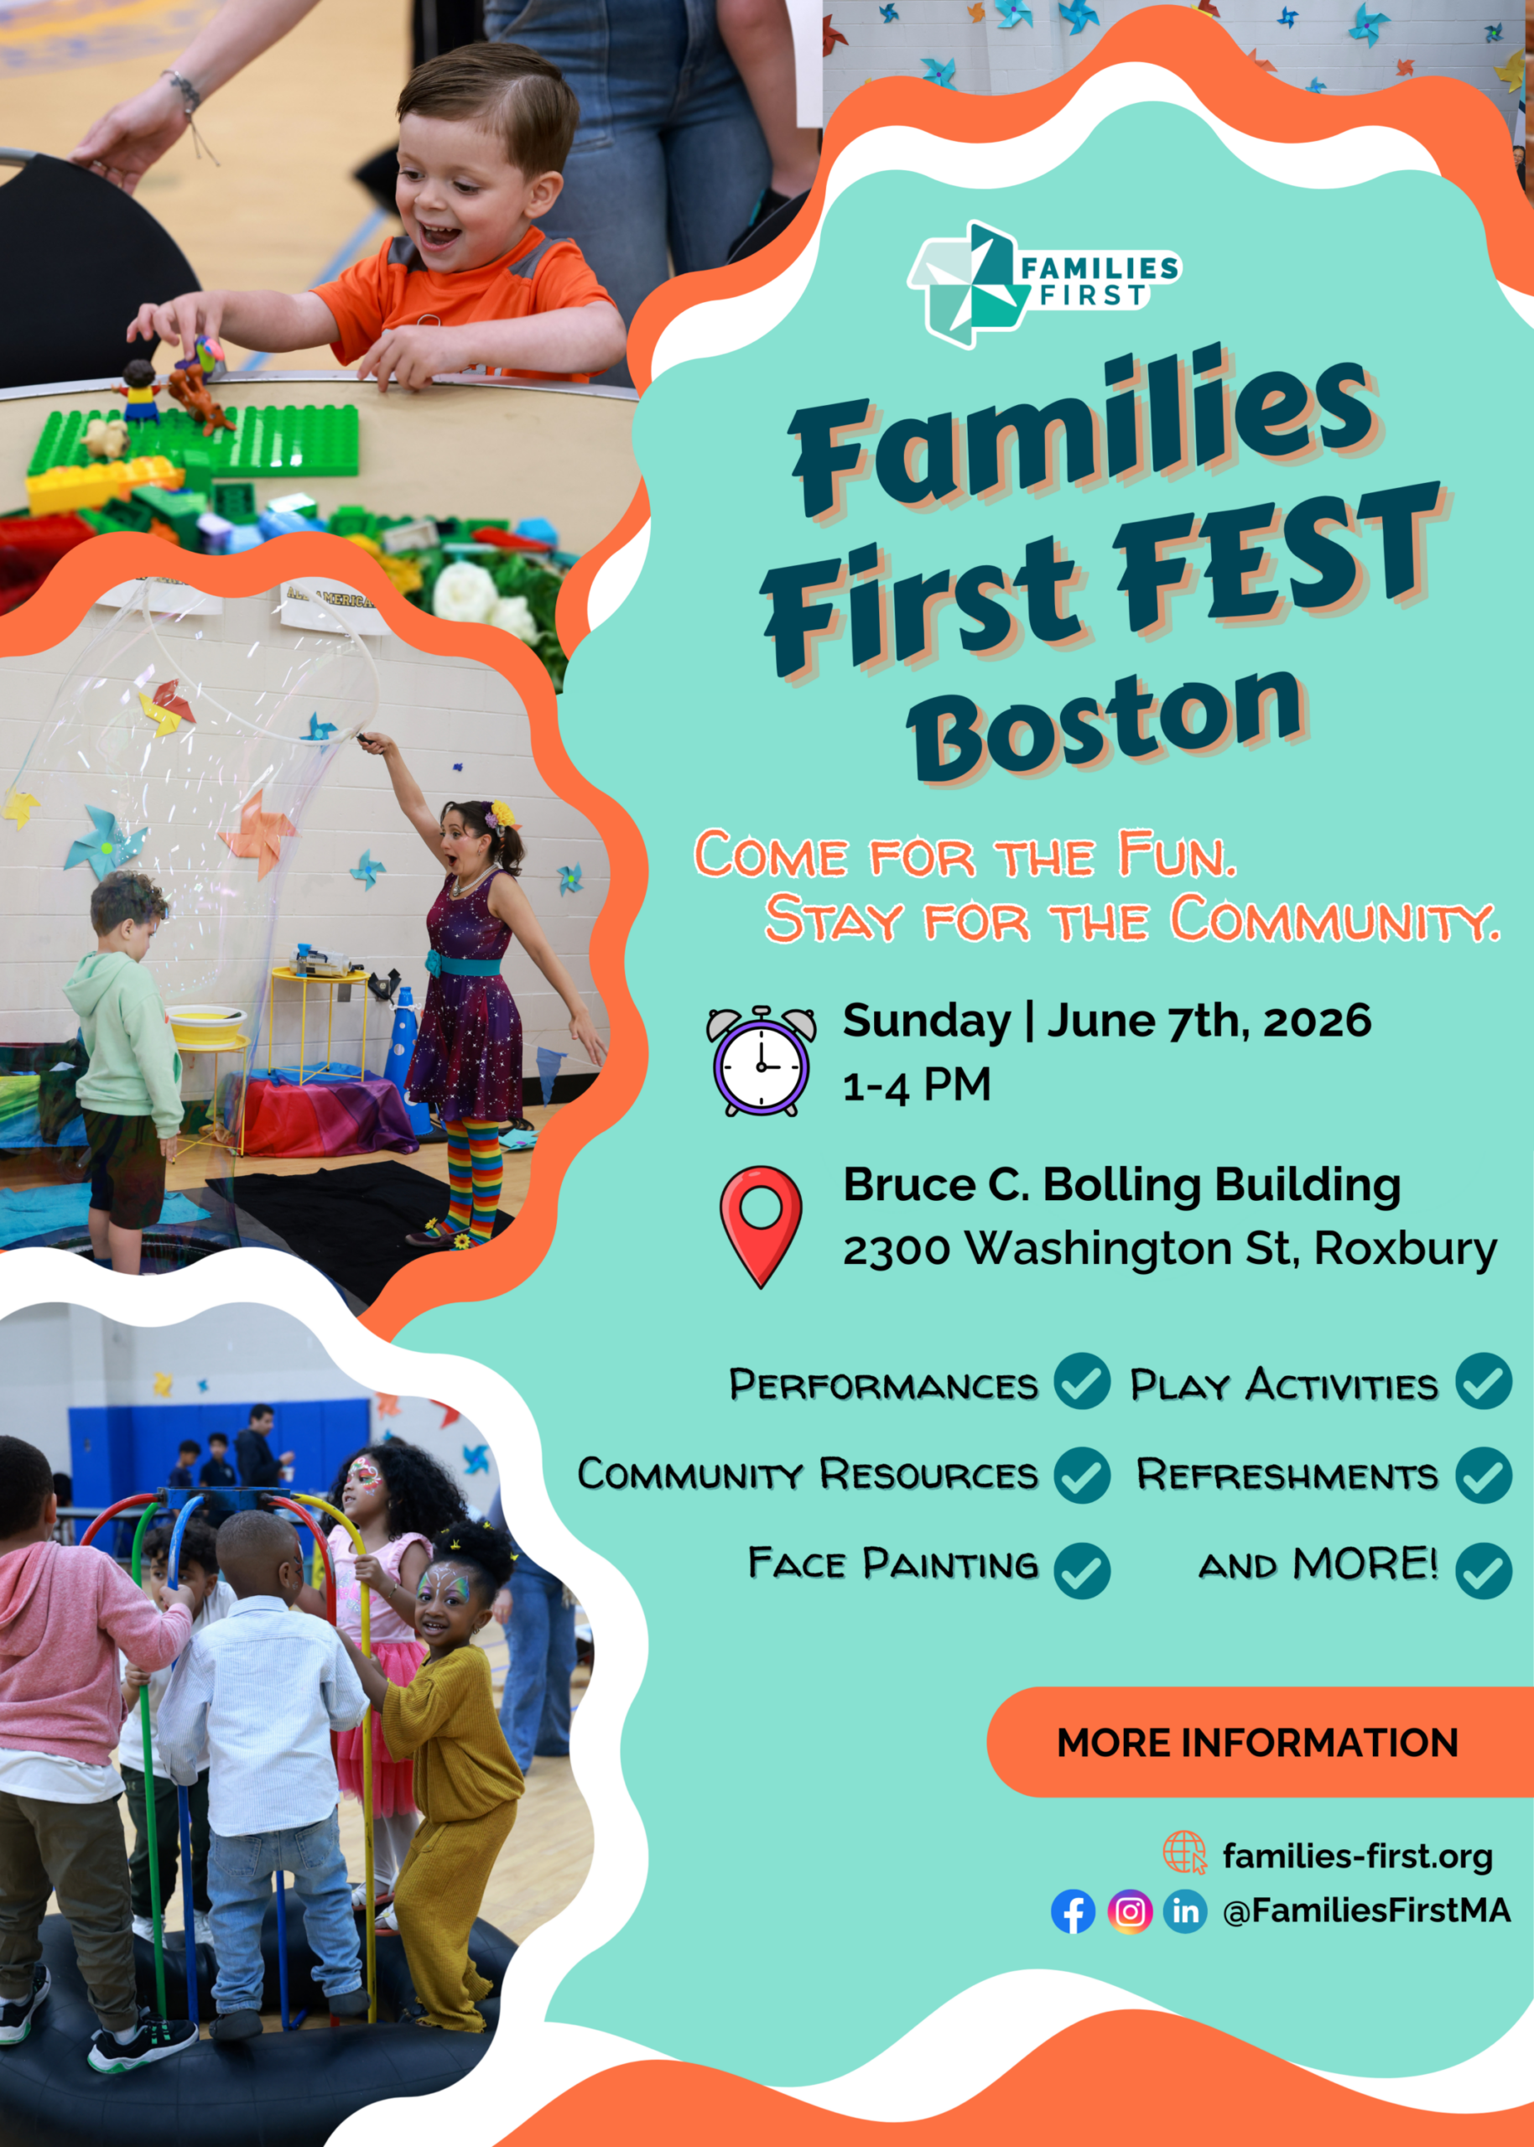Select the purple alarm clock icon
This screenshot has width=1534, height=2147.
tap(762, 1061)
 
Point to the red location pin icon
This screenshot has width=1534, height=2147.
tap(761, 1225)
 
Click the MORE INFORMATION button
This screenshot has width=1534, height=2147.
tap(1257, 1743)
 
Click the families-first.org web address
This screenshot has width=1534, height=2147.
tap(1357, 1856)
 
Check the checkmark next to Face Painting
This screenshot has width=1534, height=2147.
tap(1082, 1570)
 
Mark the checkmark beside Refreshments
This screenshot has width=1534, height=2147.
tap(1483, 1474)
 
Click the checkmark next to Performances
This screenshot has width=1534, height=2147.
tap(1082, 1381)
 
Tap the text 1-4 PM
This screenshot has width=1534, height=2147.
tap(916, 1085)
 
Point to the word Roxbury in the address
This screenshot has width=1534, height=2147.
tap(1406, 1249)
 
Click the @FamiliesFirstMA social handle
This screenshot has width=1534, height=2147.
tap(1366, 1910)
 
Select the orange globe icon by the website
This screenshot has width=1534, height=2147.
tap(1184, 1853)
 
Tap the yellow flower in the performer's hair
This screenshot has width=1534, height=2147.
tap(502, 814)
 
